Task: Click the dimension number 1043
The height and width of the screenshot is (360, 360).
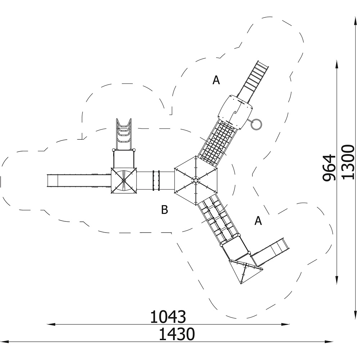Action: pos(168,317)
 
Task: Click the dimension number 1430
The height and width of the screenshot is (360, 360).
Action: pos(177,334)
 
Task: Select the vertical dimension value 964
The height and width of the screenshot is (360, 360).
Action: pos(329,168)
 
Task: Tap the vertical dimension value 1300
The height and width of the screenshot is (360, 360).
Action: pos(348,162)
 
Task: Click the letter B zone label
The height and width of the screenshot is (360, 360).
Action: pos(165,210)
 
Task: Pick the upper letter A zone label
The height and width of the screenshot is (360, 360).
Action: pos(216,80)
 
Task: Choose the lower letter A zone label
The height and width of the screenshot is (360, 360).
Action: pos(258,221)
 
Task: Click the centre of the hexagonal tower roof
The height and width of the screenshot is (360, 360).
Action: pos(195,180)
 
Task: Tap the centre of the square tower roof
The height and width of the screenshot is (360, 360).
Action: pos(124,181)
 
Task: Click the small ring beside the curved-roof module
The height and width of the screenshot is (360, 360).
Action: pos(256,124)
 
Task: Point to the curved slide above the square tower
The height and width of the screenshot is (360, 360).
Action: pos(124,134)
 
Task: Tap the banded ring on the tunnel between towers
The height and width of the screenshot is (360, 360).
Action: pos(156,180)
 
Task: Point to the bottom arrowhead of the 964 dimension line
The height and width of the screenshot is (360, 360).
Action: pos(337,280)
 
